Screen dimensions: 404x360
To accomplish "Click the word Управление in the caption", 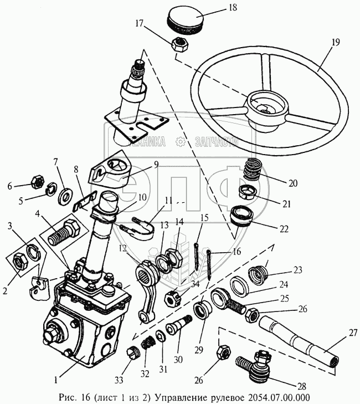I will (179, 397).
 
